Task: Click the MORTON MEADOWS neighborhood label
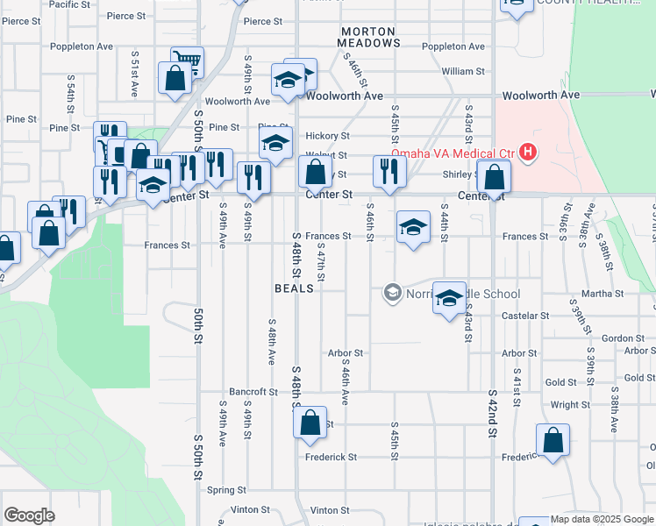pos(370,36)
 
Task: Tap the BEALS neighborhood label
pos(294,288)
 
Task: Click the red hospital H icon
pos(527,153)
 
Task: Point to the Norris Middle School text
pos(463,294)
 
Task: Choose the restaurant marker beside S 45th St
pos(389,170)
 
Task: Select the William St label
pos(464,72)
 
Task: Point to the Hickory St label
pos(328,136)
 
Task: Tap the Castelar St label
pos(524,316)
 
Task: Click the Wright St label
pos(570,405)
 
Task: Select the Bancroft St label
pos(253,392)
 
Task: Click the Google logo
pos(29,515)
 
